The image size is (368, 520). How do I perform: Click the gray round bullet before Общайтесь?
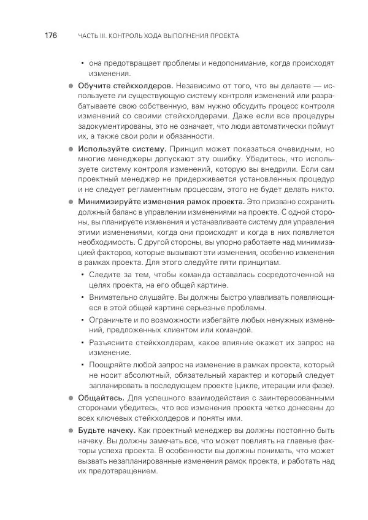71,398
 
